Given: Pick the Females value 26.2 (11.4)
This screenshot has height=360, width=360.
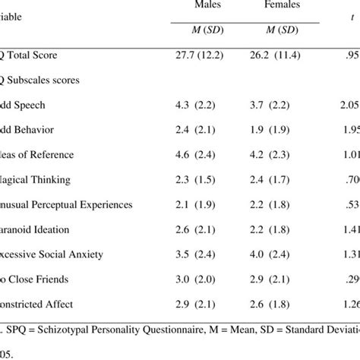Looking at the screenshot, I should (x=279, y=55).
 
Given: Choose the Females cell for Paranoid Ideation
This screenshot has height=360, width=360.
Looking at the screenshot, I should (x=279, y=229).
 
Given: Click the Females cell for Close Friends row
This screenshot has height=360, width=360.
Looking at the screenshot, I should (x=279, y=279).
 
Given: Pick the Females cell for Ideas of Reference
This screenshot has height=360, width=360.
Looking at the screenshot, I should (x=279, y=155).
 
